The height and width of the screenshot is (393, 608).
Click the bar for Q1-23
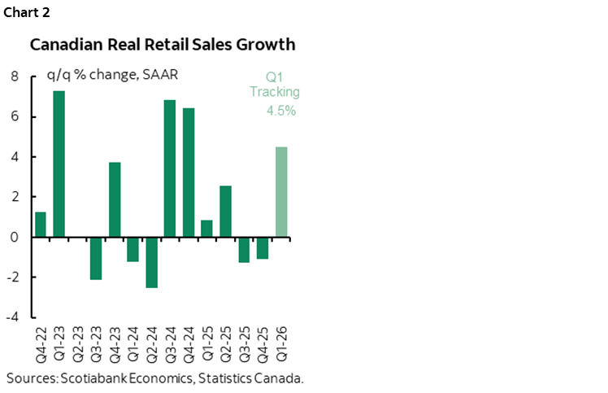pos(59,164)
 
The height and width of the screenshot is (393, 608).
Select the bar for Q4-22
pos(41,225)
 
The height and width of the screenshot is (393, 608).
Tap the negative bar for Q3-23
pos(96,258)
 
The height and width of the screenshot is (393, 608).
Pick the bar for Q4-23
pos(115,199)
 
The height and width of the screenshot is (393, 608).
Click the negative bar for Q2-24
pos(151,262)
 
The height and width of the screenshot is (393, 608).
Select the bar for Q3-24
pos(170,168)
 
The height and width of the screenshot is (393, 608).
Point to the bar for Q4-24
pos(189,172)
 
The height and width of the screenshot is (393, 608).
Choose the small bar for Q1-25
pos(206,229)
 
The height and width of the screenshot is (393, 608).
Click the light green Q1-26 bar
pos(280,192)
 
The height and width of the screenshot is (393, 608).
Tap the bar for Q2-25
pos(225,212)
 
